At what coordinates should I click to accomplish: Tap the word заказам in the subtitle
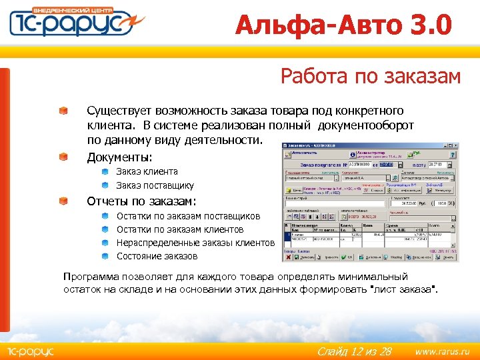pos(423,77)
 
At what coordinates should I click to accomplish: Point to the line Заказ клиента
pos(147,172)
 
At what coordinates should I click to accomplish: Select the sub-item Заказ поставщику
pos(155,186)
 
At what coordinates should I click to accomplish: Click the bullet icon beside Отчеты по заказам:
pos(62,201)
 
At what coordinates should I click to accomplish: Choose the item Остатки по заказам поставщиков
pos(188,216)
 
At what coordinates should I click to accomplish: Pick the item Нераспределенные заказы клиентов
pos(195,243)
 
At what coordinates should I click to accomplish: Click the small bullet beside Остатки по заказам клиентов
pos(106,229)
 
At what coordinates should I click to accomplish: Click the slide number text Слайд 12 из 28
pos(353,350)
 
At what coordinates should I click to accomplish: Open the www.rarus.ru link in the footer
pos(442,350)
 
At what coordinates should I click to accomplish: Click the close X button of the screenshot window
pos(455,145)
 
